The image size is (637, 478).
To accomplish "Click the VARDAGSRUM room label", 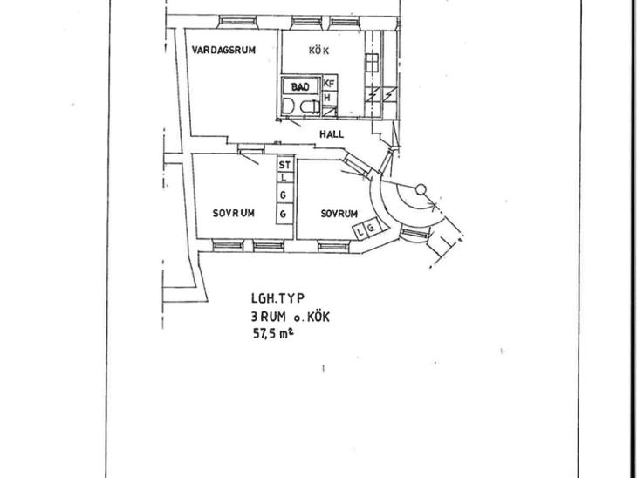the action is [224, 51].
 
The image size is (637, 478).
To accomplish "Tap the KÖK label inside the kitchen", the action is [318, 51].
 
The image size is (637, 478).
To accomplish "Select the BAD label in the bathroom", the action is [300, 86].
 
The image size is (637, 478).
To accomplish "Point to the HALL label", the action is [332, 134].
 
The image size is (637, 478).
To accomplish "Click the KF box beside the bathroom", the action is [329, 84].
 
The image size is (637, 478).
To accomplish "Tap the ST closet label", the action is [284, 165].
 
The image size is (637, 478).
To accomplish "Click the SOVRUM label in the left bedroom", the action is [234, 213].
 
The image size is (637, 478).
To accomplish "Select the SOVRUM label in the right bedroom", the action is [339, 214].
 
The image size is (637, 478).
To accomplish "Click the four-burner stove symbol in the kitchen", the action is [372, 63].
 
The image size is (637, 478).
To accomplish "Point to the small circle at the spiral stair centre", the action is [421, 188].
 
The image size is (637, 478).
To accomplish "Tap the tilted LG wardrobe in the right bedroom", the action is [366, 229].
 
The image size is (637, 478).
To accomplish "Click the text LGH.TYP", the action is [277, 298].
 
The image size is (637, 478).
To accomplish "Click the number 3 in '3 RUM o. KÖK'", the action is [254, 317].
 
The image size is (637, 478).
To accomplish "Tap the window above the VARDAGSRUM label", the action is [238, 21].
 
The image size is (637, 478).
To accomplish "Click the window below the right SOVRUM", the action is [334, 246].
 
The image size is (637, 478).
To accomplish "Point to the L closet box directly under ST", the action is [284, 177].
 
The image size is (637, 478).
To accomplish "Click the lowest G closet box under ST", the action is [284, 214].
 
